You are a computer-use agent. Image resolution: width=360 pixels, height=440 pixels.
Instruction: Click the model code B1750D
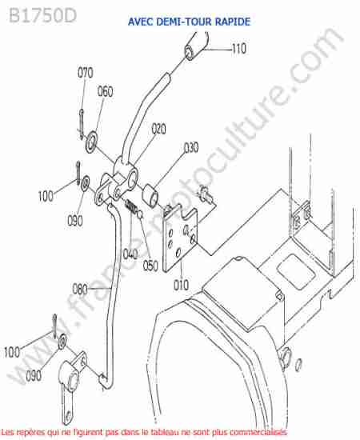click(42, 15)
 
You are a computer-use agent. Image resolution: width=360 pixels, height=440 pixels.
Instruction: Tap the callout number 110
click(239, 49)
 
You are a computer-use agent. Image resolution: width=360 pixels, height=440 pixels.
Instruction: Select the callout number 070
click(85, 73)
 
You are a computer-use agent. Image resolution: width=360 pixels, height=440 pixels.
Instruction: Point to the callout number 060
click(106, 91)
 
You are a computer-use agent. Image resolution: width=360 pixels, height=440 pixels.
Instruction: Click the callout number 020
click(159, 129)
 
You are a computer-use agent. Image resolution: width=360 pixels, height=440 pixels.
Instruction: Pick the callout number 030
click(191, 148)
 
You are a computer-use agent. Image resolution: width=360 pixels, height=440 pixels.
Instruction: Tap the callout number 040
click(130, 254)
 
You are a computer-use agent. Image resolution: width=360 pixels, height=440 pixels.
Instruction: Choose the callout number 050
click(150, 266)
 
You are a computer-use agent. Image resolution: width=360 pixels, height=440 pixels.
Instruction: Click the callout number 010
click(181, 285)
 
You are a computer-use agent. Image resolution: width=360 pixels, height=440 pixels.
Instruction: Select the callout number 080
click(80, 289)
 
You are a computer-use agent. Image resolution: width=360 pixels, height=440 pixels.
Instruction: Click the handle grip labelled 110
click(196, 46)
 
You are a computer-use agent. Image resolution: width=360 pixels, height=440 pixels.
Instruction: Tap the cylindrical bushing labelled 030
click(150, 195)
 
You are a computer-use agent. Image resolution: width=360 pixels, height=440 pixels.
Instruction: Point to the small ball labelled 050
click(140, 215)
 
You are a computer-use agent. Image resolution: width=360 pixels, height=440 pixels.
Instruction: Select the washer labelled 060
click(91, 142)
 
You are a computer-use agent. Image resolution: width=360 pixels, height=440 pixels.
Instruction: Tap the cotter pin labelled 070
click(82, 124)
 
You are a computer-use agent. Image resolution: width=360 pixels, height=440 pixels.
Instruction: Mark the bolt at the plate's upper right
click(205, 194)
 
